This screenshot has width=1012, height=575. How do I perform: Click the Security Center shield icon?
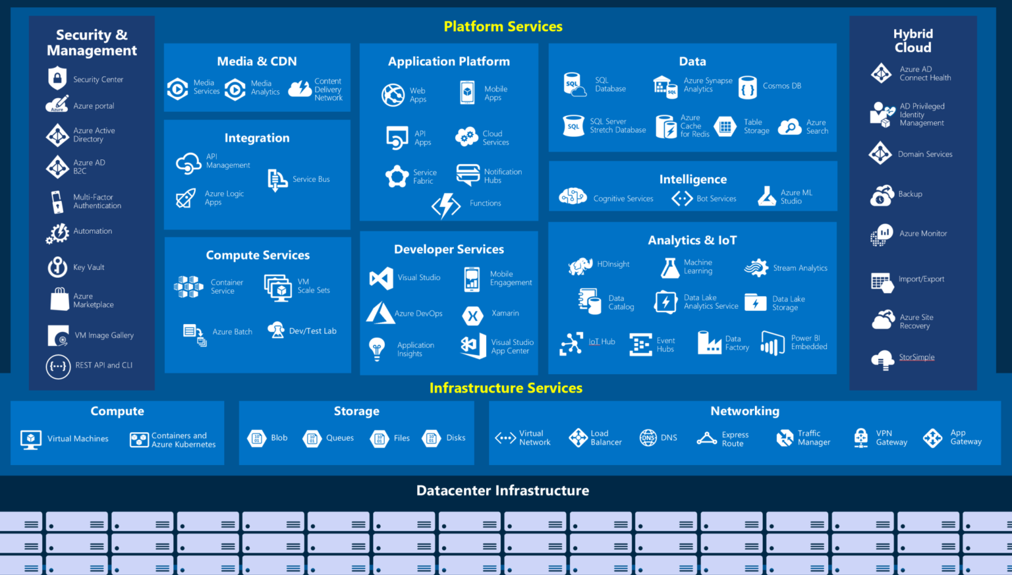[57, 78]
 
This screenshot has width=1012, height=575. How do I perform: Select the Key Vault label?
[89, 267]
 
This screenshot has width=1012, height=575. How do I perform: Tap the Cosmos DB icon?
[748, 87]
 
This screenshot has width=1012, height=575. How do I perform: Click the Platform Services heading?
[503, 26]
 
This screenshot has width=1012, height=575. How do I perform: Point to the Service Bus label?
[311, 179]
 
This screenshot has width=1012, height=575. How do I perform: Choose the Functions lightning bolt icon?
[446, 205]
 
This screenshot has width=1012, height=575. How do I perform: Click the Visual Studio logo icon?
[381, 278]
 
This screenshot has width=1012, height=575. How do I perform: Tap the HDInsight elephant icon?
[580, 265]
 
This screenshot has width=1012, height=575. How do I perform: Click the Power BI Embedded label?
[809, 342]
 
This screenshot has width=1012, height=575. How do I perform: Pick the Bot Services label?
[716, 199]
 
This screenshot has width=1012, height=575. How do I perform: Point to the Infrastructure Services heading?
[505, 388]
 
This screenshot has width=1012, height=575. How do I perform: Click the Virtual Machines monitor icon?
[31, 439]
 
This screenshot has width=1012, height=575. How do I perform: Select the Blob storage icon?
[256, 438]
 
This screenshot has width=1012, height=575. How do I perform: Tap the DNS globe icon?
[648, 438]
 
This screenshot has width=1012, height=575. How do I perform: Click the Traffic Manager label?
[814, 438]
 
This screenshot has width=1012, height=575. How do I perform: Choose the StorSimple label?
[916, 358]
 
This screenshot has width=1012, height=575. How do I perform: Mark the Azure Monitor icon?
[882, 234]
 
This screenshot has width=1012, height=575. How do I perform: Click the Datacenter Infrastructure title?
[503, 491]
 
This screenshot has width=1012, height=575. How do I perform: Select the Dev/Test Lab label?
[312, 331]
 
